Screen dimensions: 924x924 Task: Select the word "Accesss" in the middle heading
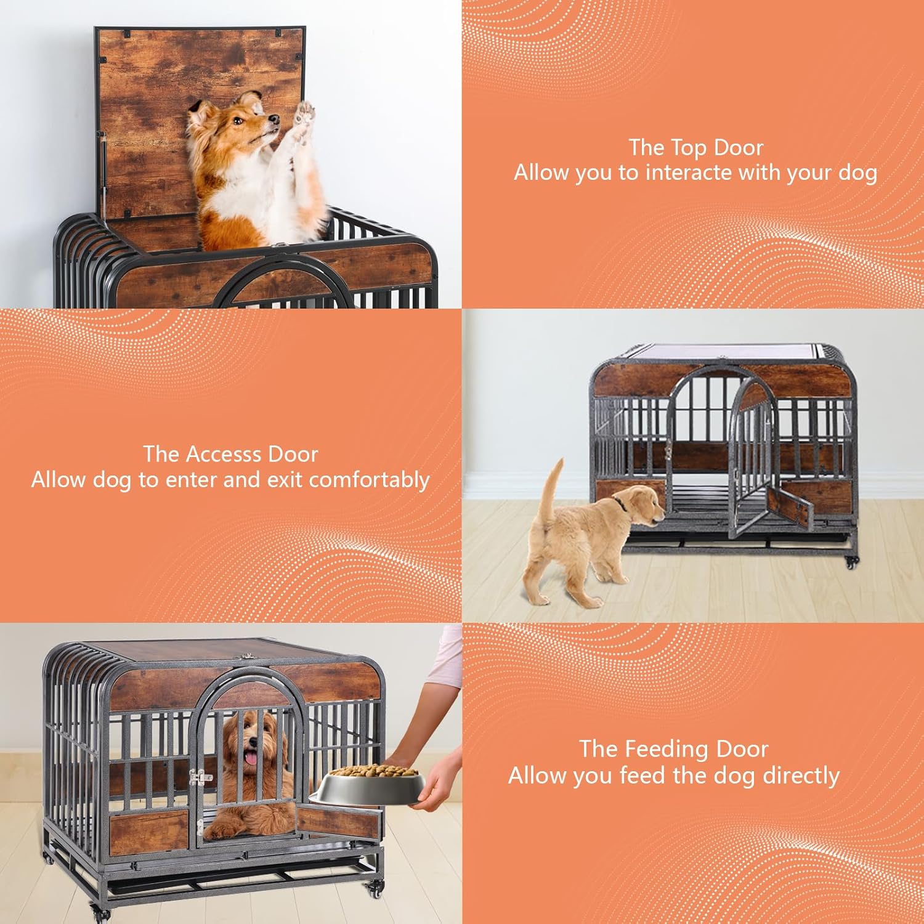point(224,455)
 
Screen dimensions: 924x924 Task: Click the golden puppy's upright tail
point(553,487)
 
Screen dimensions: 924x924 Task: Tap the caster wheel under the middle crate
point(852,562)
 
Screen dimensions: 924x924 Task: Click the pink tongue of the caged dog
point(251,760)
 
